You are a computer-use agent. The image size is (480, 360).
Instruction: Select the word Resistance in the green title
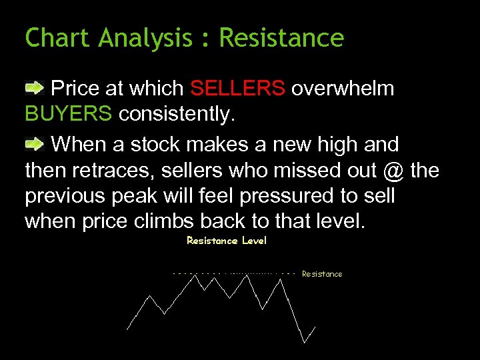pos(281,38)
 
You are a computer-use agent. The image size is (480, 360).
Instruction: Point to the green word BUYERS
pos(68,114)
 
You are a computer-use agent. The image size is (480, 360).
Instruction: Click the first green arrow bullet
pos(35,87)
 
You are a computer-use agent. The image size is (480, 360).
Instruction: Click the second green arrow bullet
pos(35,143)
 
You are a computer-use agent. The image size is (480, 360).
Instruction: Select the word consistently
pos(177,114)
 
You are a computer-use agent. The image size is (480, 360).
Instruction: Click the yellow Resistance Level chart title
pos(227,241)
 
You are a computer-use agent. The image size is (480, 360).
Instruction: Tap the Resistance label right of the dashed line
pos(322,274)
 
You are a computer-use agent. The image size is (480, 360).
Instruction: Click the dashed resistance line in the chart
pos(233,273)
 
